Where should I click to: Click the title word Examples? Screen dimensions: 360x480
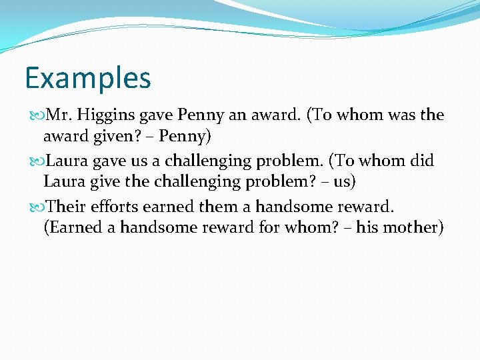click(x=88, y=78)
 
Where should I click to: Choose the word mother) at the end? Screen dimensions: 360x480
click(x=414, y=227)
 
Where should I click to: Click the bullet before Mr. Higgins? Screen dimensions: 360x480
click(x=35, y=115)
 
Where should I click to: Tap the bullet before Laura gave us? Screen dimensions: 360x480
click(x=35, y=161)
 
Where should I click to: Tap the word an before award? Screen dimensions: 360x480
click(x=237, y=115)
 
